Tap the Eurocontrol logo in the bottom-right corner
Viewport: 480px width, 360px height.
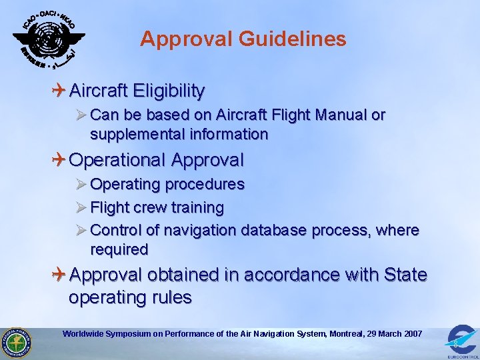click(x=461, y=340)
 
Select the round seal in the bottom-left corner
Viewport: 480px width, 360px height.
click(x=16, y=343)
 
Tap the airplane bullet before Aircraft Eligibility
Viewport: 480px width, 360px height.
click(x=59, y=89)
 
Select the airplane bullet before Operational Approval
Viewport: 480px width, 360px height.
click(x=59, y=160)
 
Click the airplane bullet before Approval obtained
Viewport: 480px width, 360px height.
click(x=59, y=275)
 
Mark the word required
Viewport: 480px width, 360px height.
click(x=119, y=250)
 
